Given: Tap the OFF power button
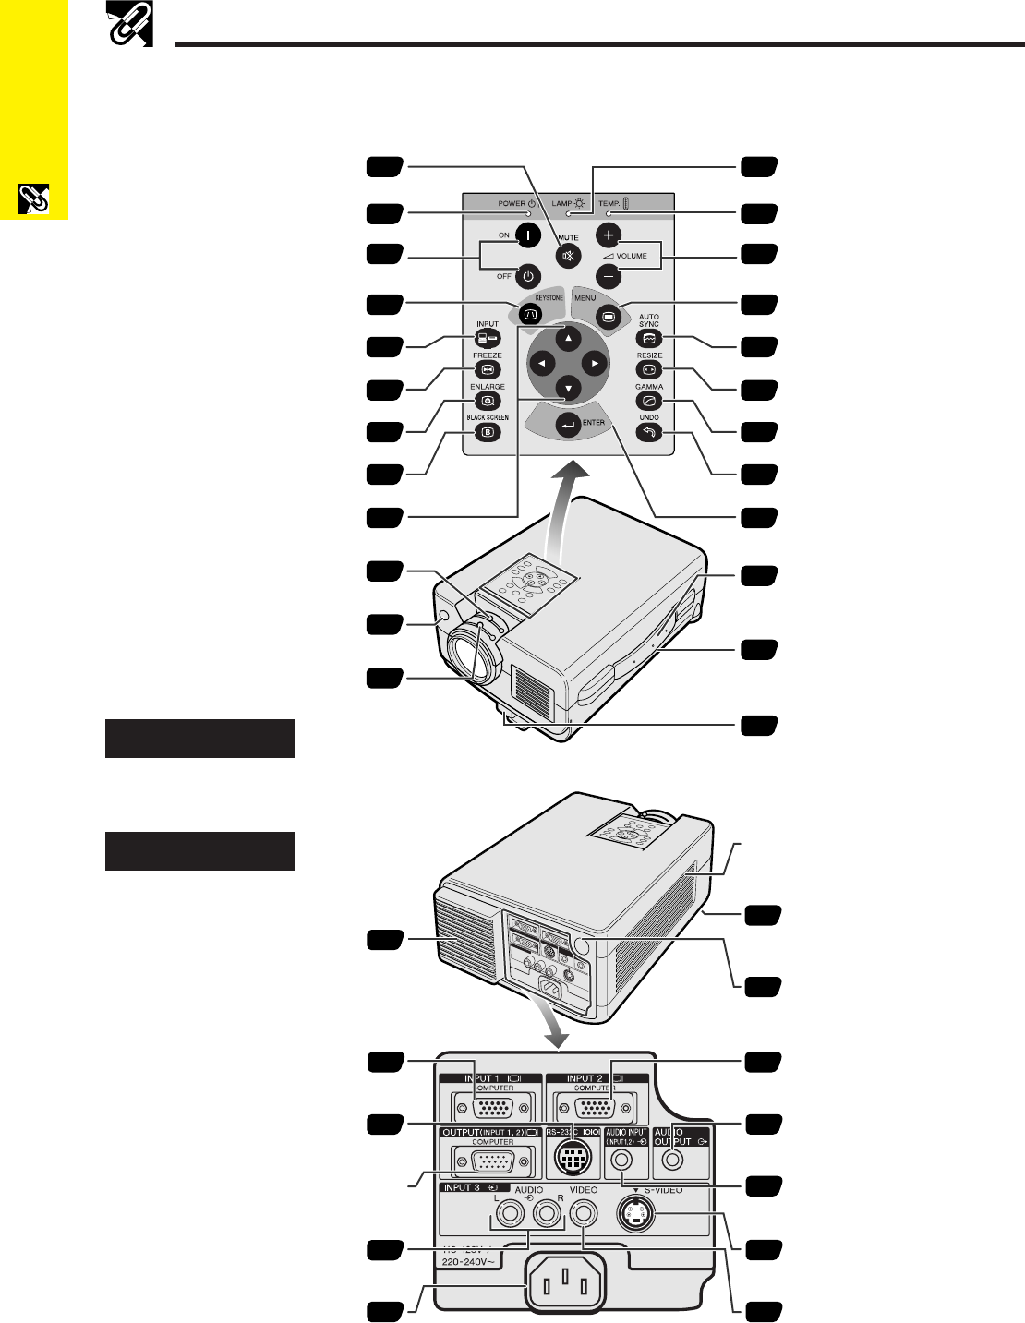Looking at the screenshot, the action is click(527, 274).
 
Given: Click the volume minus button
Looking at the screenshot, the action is click(608, 274).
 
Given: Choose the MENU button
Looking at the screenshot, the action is click(608, 315).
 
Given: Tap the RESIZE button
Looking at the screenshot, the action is click(649, 369).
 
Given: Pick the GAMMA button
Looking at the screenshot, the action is click(649, 401).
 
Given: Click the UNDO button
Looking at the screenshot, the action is click(649, 432).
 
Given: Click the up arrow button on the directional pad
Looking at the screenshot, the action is click(569, 338).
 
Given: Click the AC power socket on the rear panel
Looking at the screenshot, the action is click(567, 1283).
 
